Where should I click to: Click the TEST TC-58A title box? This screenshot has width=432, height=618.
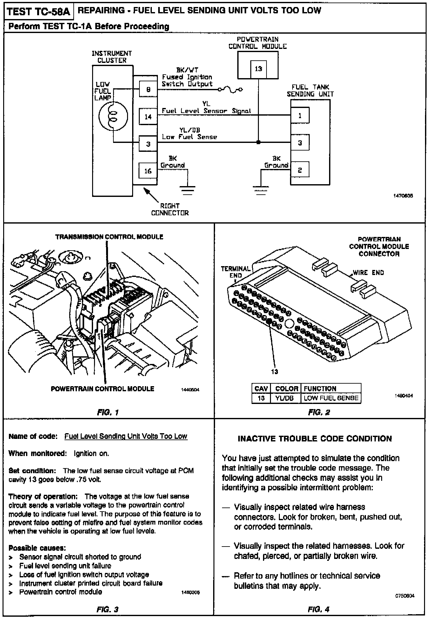pos(38,12)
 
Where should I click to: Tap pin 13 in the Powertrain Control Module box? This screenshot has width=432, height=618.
pos(258,69)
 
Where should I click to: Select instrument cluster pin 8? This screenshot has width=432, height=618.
pos(148,90)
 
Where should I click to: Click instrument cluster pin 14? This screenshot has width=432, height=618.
pos(148,117)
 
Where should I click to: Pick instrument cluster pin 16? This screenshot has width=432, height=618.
pos(148,171)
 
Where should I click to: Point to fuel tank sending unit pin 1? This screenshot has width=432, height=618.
pos(300,116)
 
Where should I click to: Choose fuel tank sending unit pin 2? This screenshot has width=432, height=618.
pos(300,170)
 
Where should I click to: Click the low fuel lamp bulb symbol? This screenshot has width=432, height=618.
pos(113,116)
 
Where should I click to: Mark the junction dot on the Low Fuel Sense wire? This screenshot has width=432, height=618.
pos(258,142)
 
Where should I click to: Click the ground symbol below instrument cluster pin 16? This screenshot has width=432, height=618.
pos(188,190)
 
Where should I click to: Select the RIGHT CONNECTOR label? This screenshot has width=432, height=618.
pos(170,209)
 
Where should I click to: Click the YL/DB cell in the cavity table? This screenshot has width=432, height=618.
pos(285,398)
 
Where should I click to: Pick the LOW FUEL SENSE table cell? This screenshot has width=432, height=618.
pos(331,398)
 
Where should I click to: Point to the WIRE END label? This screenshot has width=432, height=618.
pos(368,272)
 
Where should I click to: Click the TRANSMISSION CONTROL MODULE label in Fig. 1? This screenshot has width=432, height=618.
pos(109,237)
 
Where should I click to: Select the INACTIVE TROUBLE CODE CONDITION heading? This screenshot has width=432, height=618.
pos(315,439)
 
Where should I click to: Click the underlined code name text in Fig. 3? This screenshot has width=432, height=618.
pos(126,436)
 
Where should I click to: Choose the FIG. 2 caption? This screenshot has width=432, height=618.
pos(319,412)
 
